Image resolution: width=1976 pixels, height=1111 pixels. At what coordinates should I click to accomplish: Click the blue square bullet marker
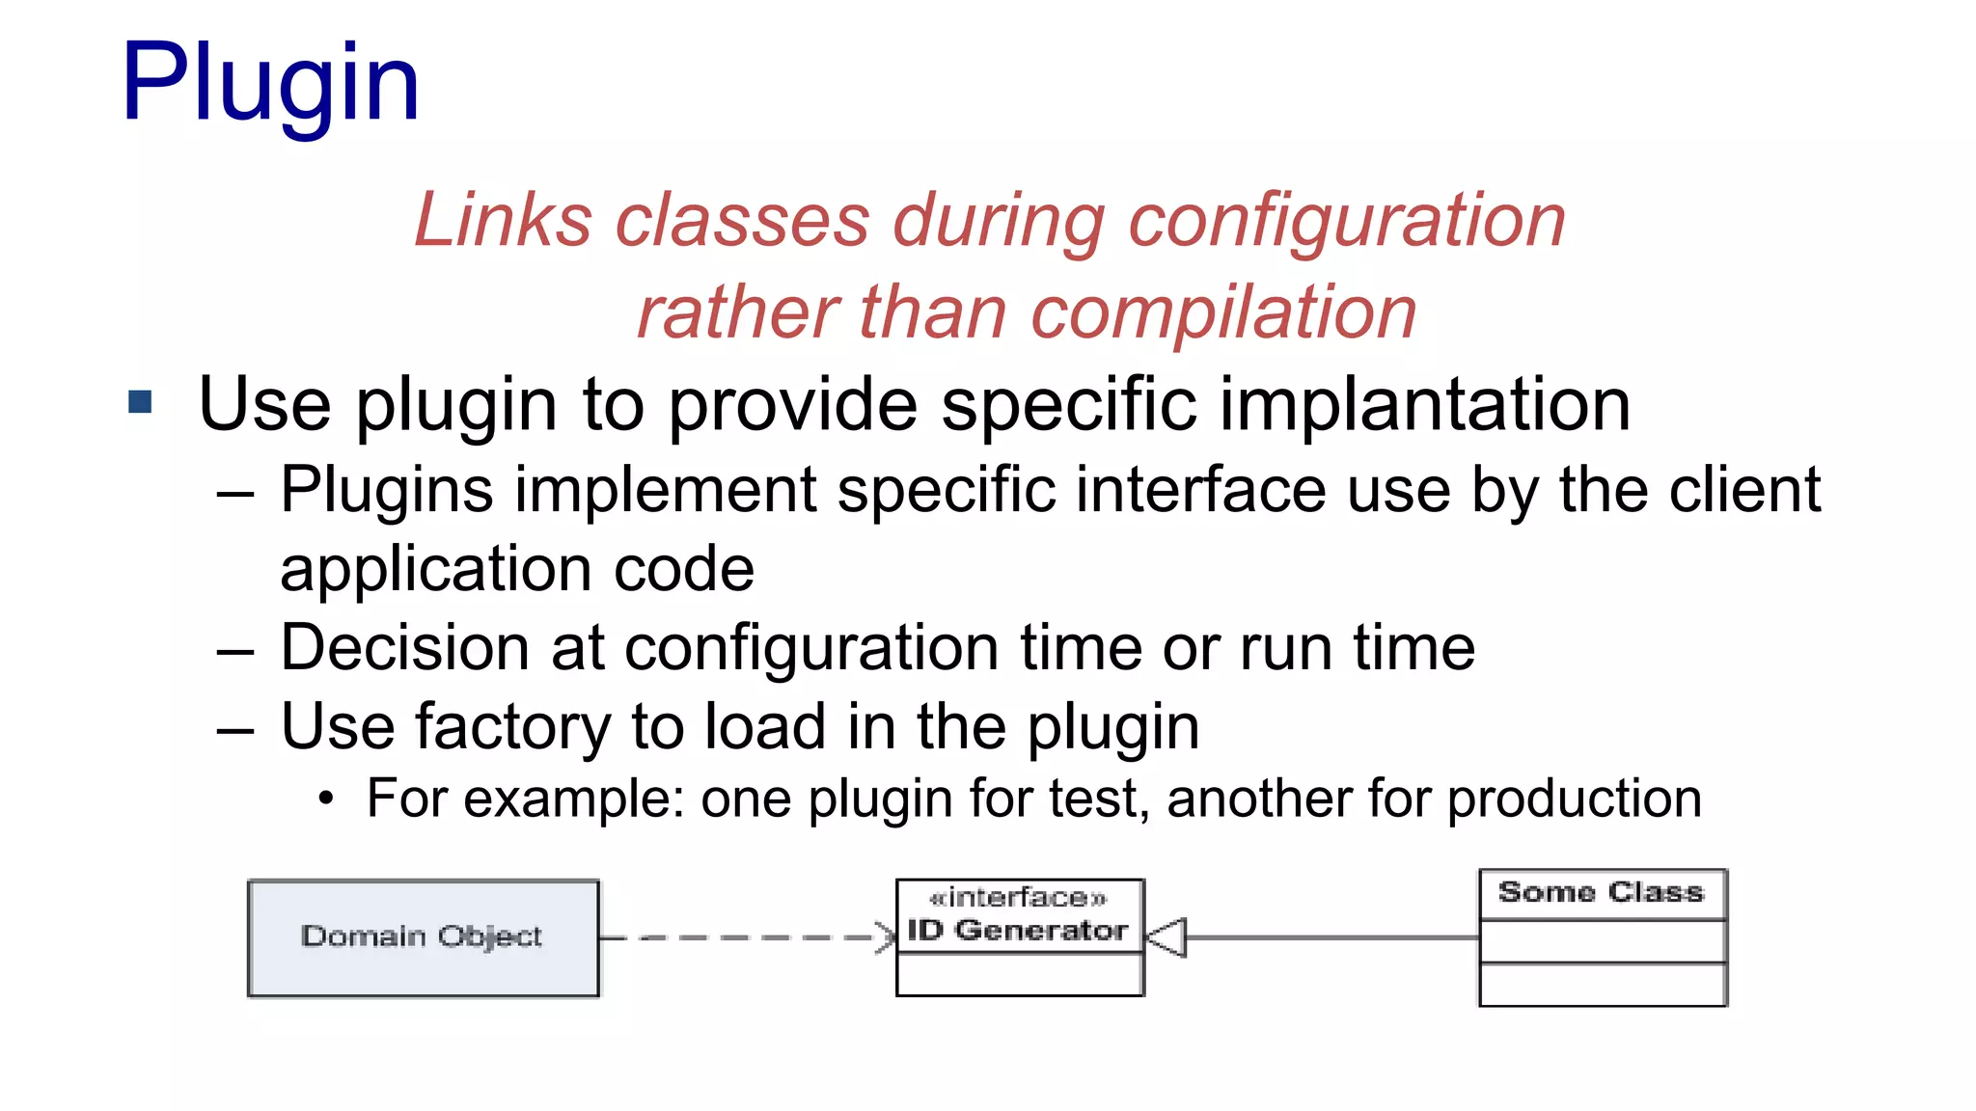click(141, 401)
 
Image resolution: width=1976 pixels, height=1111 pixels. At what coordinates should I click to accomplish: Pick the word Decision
click(404, 647)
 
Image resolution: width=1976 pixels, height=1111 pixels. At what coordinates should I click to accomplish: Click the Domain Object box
click(423, 936)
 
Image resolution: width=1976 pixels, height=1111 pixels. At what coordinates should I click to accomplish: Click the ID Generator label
click(1018, 931)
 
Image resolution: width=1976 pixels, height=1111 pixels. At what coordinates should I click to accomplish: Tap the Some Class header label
click(1602, 893)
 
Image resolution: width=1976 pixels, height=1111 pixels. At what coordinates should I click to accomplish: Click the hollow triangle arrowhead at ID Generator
click(1166, 937)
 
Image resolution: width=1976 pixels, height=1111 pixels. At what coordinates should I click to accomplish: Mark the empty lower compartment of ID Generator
click(1020, 974)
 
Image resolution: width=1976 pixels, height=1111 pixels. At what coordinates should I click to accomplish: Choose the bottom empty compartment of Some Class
click(1603, 985)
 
